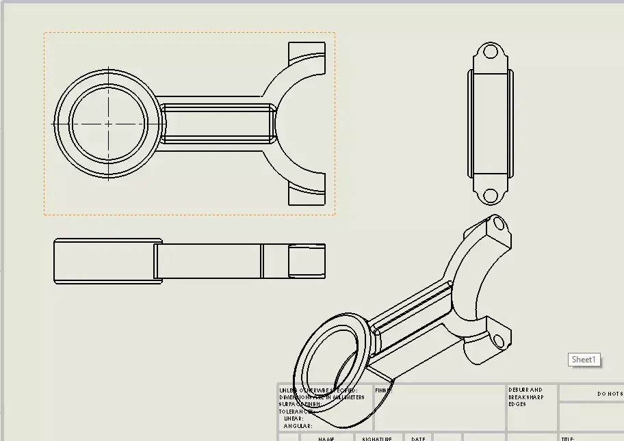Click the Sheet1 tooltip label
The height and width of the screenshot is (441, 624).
click(x=584, y=360)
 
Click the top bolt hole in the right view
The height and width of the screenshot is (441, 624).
click(x=490, y=52)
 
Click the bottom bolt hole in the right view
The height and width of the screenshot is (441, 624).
click(x=490, y=195)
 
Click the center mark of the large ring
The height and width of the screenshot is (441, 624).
click(x=108, y=124)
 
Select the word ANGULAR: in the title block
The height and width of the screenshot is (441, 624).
click(x=298, y=426)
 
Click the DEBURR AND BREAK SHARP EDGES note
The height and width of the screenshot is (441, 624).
click(x=525, y=397)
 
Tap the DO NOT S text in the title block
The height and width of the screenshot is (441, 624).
click(x=610, y=394)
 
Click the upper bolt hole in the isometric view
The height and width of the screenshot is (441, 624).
click(x=497, y=224)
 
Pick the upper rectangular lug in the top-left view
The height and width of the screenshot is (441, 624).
click(x=307, y=51)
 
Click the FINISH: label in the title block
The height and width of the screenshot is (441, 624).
click(x=383, y=390)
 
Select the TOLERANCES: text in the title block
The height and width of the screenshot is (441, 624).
click(x=296, y=412)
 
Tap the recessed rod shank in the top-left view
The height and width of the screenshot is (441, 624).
click(x=218, y=124)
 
